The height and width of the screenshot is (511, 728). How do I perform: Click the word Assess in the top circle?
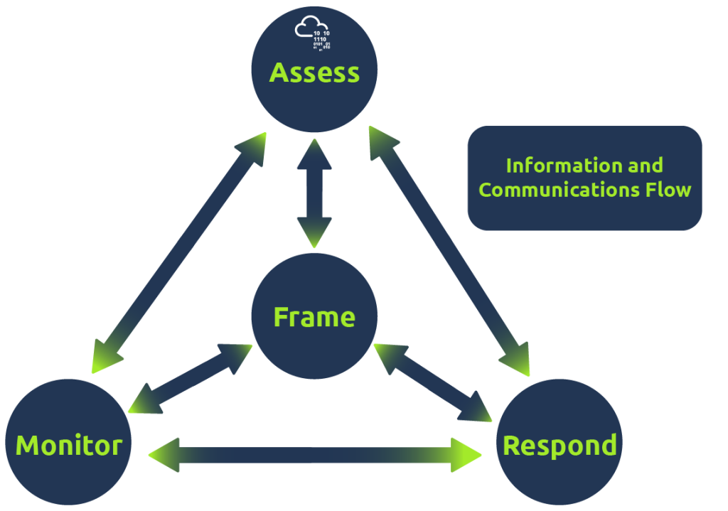pyautogui.click(x=314, y=72)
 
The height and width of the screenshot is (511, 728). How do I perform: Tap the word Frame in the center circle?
pyautogui.click(x=314, y=317)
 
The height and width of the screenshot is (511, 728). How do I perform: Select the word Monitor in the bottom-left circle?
pyautogui.click(x=68, y=446)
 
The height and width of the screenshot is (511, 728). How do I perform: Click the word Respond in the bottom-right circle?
pyautogui.click(x=560, y=446)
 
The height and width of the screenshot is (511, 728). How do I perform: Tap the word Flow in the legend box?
pyautogui.click(x=673, y=190)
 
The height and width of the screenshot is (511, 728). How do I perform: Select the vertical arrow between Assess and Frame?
pyautogui.click(x=314, y=192)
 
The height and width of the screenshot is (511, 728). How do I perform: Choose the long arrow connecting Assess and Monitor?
pyautogui.click(x=178, y=252)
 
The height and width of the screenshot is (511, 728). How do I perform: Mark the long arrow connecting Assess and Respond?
pyautogui.click(x=450, y=252)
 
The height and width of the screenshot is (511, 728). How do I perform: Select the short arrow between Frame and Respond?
pyautogui.click(x=434, y=380)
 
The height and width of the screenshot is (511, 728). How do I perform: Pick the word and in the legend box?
pyautogui.click(x=645, y=166)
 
